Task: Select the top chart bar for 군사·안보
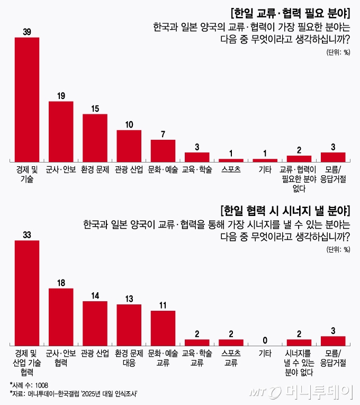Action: click(x=61, y=131)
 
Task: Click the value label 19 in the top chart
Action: click(x=61, y=96)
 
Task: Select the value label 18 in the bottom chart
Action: click(x=61, y=283)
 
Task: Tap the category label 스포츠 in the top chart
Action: click(x=231, y=169)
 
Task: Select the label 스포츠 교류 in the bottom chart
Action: click(x=231, y=357)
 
